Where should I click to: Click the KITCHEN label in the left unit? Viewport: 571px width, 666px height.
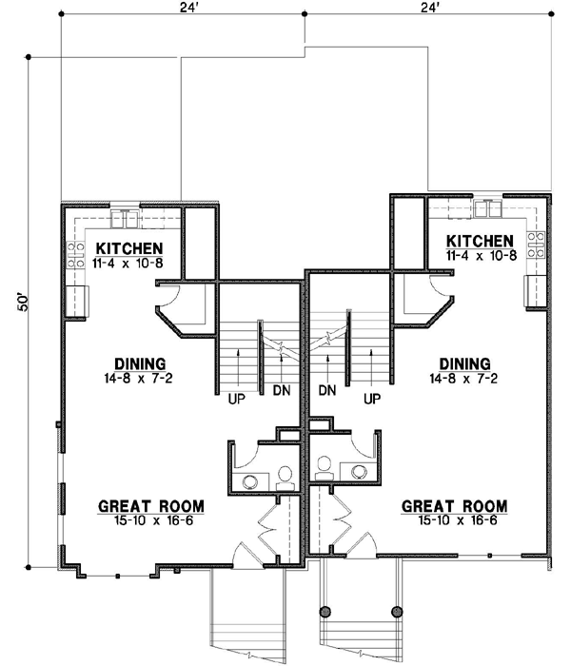point(129,248)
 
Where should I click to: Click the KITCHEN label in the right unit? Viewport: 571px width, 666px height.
point(480,242)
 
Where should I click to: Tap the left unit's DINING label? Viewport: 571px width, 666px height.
point(140,364)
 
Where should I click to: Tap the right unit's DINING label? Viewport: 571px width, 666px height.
point(464,364)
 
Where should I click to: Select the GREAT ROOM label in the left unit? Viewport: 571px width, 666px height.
point(150,506)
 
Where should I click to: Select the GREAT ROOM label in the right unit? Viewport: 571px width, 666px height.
point(454,506)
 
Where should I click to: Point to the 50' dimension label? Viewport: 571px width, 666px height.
point(23,302)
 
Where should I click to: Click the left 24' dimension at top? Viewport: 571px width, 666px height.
point(189,8)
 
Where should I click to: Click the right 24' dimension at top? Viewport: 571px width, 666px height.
point(429,8)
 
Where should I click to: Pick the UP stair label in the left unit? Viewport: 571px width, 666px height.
point(237,400)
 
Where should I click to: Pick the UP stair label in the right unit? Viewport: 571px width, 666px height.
point(372,399)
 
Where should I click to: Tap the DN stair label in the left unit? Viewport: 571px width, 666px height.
point(282,390)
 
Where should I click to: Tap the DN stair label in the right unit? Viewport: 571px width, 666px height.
point(327,390)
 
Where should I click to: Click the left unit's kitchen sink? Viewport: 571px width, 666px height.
point(125,218)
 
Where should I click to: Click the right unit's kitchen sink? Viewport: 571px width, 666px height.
point(488,208)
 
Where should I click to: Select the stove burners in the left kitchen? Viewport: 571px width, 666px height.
point(76,255)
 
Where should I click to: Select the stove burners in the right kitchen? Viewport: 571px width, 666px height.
point(536,245)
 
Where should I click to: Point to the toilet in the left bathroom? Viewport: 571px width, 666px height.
point(285,479)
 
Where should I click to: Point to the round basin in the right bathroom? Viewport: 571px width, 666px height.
point(360,471)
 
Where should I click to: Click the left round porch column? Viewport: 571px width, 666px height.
point(325,611)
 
